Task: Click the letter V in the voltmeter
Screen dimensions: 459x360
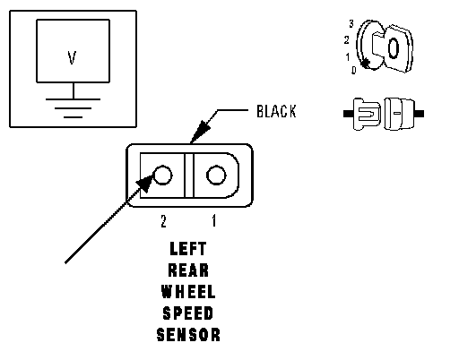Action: [72, 57]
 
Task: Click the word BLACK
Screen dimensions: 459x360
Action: [276, 111]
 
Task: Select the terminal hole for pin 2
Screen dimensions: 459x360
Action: [162, 175]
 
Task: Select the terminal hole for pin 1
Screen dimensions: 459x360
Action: [216, 175]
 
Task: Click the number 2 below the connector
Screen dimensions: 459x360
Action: [163, 221]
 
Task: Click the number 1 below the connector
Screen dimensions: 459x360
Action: [214, 221]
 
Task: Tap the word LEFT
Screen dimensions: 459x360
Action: [188, 249]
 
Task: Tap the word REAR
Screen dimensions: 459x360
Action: [188, 270]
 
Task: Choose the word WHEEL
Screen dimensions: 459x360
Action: [188, 292]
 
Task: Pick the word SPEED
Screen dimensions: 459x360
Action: [188, 313]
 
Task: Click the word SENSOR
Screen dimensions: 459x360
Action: [188, 335]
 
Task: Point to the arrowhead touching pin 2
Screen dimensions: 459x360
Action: [145, 183]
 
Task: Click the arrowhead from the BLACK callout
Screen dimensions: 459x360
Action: [200, 132]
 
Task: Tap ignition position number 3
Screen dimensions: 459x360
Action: [351, 23]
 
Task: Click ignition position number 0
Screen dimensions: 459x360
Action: [354, 71]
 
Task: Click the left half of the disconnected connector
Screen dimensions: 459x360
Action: [362, 114]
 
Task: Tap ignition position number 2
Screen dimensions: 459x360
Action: [347, 39]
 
